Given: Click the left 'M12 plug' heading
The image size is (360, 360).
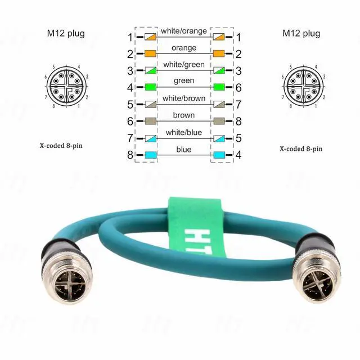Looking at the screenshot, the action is tap(65, 33).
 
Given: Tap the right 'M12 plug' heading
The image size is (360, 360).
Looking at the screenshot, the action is tap(301, 33).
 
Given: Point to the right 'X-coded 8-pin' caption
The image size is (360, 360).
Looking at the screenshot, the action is tap(301, 149).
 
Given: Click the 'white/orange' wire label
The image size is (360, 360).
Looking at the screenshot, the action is tap(184, 31).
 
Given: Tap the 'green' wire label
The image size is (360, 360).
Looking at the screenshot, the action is tap(184, 81).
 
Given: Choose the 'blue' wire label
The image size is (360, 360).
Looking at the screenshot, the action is tap(184, 149).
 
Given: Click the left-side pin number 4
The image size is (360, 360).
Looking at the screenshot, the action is tap(130, 88).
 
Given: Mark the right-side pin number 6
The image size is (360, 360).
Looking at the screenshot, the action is tap(238, 88).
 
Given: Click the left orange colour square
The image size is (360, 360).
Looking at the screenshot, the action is tap(150, 55).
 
